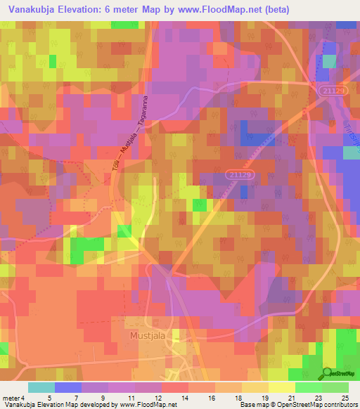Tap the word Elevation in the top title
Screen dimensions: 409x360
point(89,10)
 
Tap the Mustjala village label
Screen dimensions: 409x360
point(149,336)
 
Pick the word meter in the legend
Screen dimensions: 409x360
point(11,398)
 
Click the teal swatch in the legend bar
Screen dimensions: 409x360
point(41,387)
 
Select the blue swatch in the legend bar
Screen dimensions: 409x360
point(68,387)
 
